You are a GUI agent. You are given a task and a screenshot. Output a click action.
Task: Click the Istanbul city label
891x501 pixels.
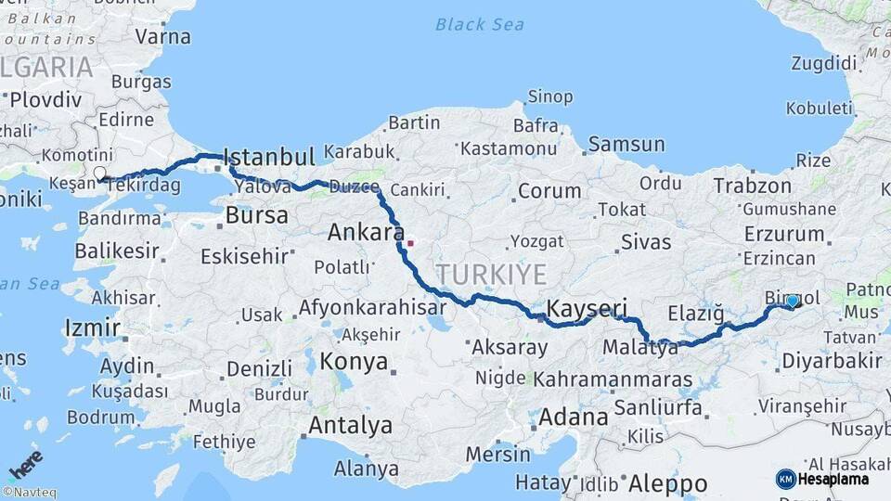(270, 156)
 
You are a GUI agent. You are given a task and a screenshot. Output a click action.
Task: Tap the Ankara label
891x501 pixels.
(365, 233)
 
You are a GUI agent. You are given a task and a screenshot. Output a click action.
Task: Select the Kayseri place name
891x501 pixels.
(588, 308)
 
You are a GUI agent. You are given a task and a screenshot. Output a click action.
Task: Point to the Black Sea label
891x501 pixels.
(480, 24)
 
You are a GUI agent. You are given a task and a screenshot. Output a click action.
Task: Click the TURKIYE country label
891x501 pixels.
(491, 274)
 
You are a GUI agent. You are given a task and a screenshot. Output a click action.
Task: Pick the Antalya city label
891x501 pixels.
(350, 426)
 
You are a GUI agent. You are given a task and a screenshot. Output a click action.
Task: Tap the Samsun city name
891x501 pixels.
(626, 144)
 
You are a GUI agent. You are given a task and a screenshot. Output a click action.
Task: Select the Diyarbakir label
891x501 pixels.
(831, 361)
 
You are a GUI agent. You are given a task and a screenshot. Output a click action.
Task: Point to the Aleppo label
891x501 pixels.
(667, 483)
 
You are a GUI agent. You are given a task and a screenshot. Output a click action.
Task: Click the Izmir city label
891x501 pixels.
(92, 328)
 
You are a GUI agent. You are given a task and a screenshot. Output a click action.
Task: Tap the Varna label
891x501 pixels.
(162, 37)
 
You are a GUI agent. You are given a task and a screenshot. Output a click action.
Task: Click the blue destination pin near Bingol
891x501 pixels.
(792, 302)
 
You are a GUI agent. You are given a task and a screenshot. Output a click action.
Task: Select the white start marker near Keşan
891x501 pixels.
(99, 173)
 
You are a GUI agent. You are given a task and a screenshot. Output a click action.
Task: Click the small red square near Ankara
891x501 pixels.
(410, 244)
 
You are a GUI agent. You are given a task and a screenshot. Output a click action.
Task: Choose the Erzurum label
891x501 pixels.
(783, 235)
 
